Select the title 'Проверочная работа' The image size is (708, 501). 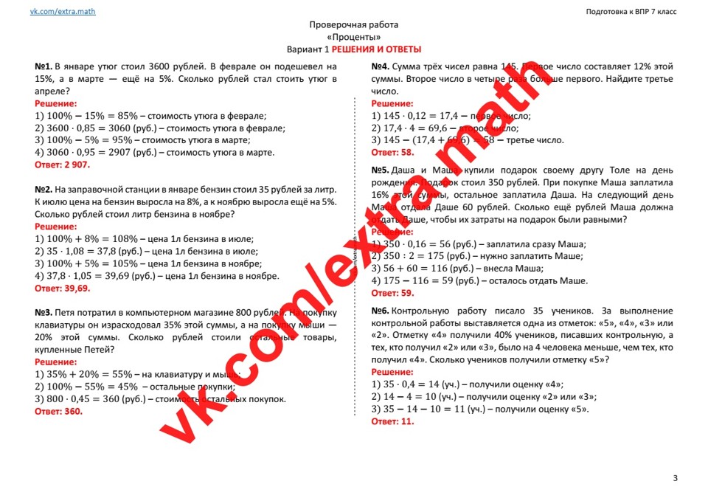click(354, 25)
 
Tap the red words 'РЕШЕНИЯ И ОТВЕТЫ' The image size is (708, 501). click(376, 49)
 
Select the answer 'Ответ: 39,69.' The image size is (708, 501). click(67, 288)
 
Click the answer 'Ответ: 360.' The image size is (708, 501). click(58, 412)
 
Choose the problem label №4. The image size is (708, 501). click(380, 66)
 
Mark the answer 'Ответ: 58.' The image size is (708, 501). click(392, 153)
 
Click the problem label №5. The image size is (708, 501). click(380, 170)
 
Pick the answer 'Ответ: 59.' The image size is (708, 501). click(392, 293)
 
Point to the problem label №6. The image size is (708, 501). click(380, 311)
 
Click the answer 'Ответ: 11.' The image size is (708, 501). click(392, 421)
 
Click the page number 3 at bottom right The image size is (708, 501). click(675, 479)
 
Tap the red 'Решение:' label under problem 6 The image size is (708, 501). click(392, 373)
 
